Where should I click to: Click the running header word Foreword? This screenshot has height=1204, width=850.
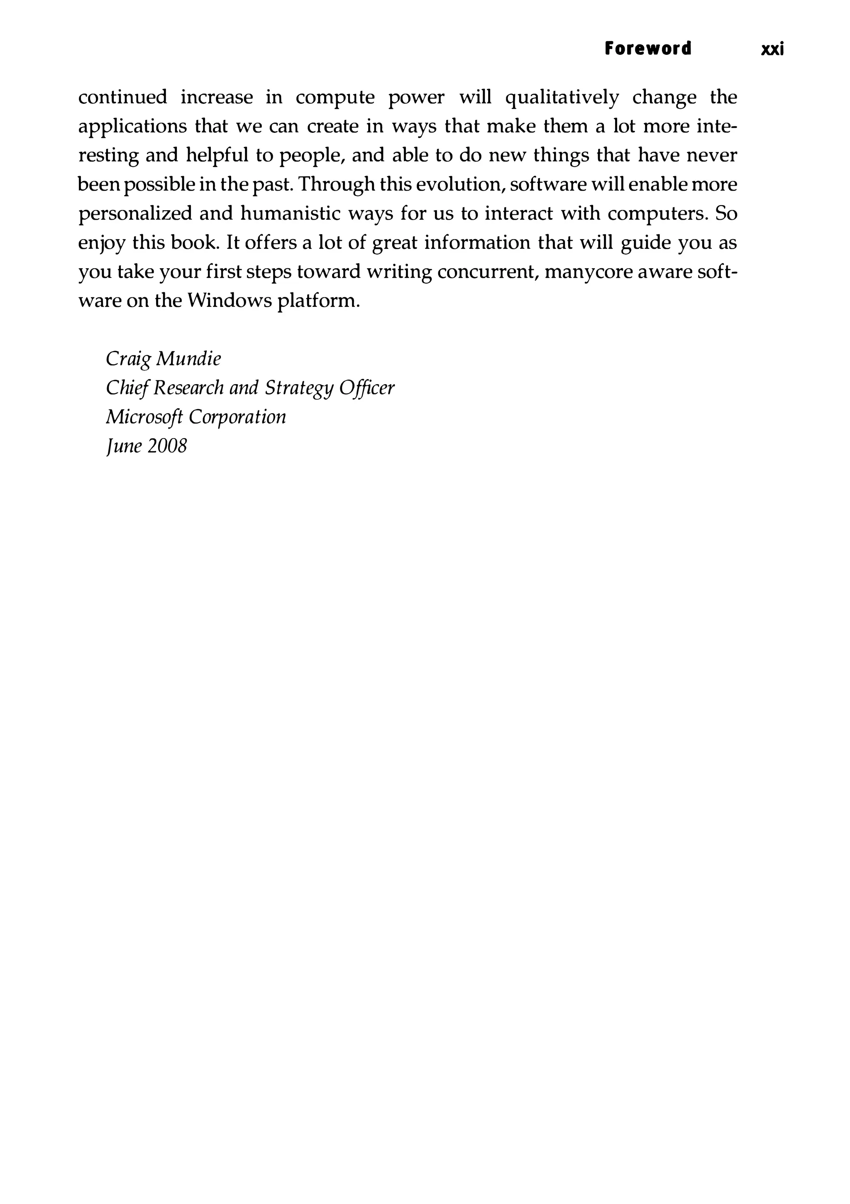pyautogui.click(x=648, y=49)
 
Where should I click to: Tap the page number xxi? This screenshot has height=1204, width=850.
pyautogui.click(x=772, y=49)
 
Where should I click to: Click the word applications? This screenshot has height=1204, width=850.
pyautogui.click(x=130, y=127)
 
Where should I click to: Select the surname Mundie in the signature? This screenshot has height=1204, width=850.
pyautogui.click(x=189, y=359)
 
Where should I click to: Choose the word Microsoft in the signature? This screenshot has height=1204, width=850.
pyautogui.click(x=144, y=417)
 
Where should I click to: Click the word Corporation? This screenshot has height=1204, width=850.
pyautogui.click(x=237, y=417)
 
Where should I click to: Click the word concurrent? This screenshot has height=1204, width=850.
pyautogui.click(x=485, y=272)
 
